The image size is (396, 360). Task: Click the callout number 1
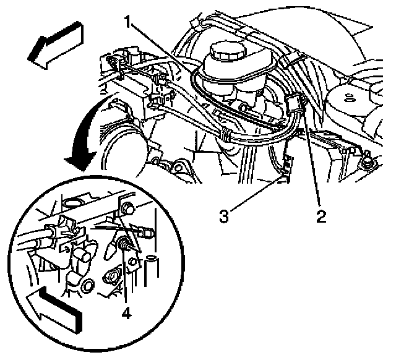pyautogui.click(x=128, y=22)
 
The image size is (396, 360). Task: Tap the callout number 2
pyautogui.click(x=321, y=216)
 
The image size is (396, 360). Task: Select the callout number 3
pyautogui.click(x=224, y=216)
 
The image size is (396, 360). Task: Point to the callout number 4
pyautogui.click(x=126, y=314)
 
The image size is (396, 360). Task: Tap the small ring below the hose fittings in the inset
pyautogui.click(x=88, y=286)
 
